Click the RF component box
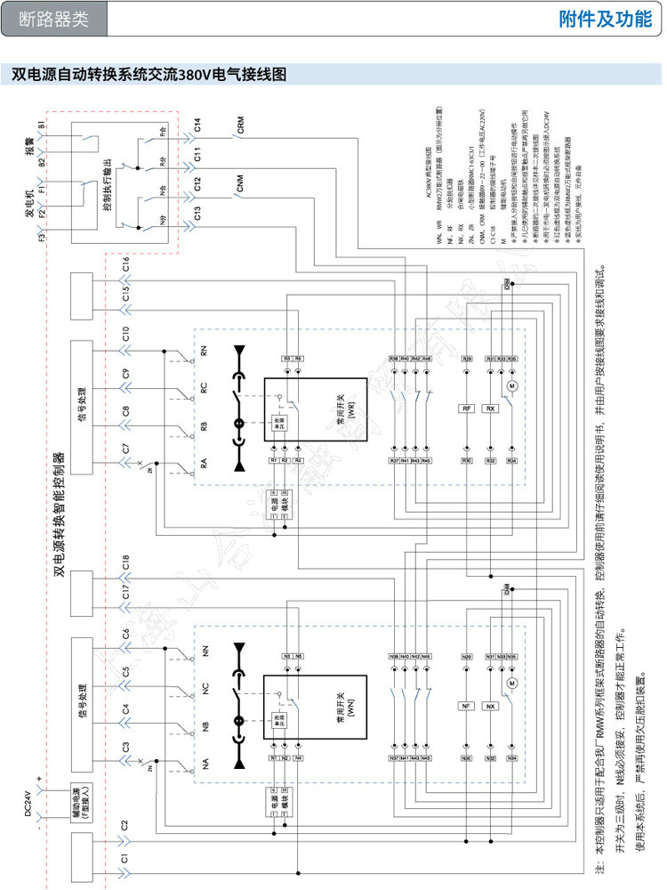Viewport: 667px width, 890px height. (x=467, y=409)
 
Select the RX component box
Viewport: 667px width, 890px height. (x=490, y=409)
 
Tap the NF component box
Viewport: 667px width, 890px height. (x=466, y=706)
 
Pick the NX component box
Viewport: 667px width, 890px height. (x=490, y=706)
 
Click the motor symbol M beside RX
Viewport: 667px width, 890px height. (x=511, y=385)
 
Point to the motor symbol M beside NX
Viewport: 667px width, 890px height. (x=511, y=683)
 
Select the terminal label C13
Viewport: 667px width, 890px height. (x=197, y=214)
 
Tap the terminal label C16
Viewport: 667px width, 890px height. (x=126, y=263)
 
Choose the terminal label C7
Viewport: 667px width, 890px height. (x=126, y=450)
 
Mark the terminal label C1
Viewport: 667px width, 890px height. (x=126, y=859)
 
